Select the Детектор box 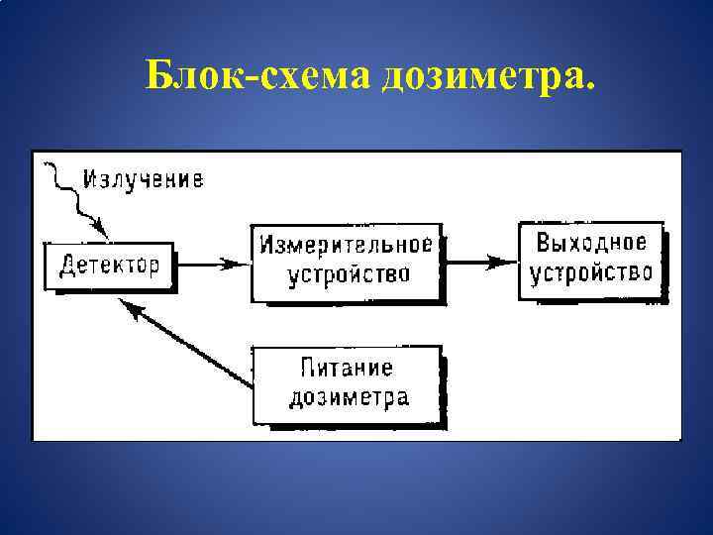109,266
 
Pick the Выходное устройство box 591,258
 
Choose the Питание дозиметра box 348,382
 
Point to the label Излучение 144,179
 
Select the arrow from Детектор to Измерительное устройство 213,264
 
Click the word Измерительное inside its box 348,245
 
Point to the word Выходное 591,243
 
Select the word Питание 347,369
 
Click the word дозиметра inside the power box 348,398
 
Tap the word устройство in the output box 591,272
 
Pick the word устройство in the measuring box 348,274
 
